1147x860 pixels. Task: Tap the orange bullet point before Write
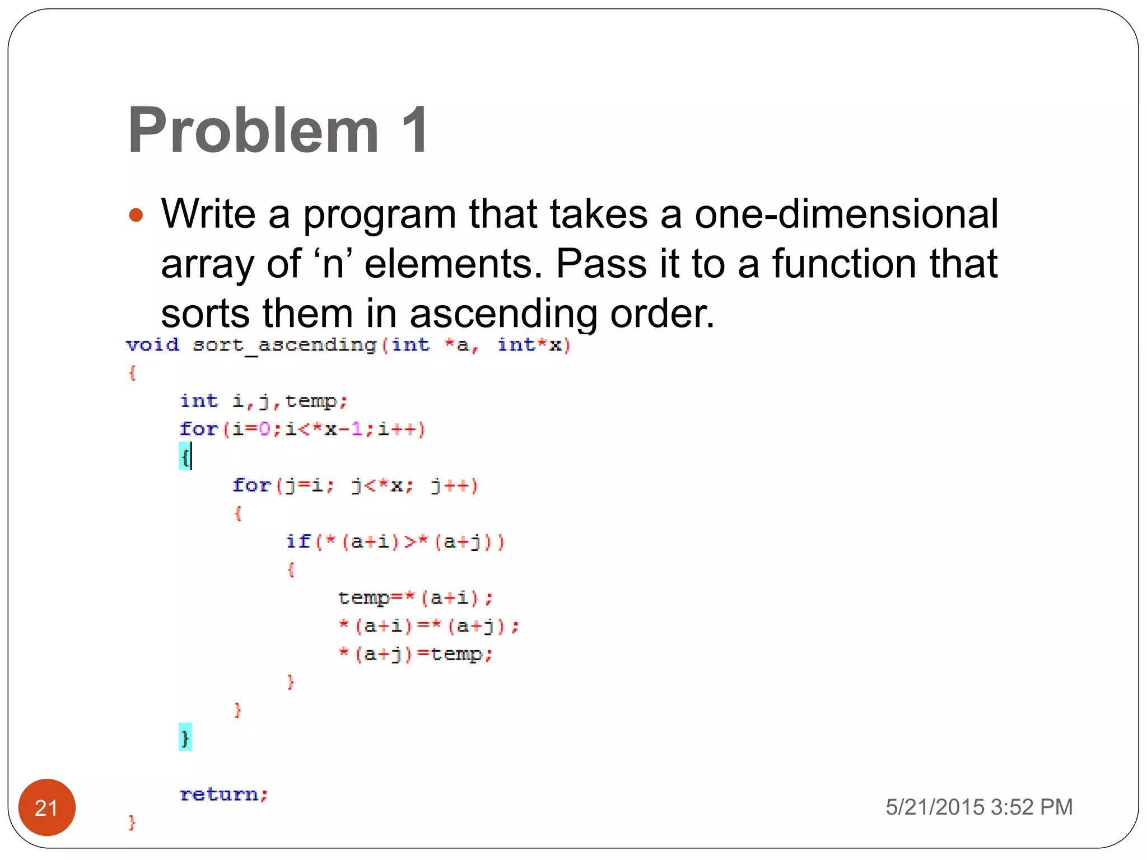tap(136, 215)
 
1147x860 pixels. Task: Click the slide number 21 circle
tap(46, 807)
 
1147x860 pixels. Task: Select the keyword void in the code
tap(152, 345)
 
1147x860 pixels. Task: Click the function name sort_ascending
tap(284, 345)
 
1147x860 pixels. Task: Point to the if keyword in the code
tap(297, 541)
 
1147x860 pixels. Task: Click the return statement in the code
tap(223, 794)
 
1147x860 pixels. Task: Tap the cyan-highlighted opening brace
tap(184, 457)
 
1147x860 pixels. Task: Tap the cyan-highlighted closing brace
tap(185, 737)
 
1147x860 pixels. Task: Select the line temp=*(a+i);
tap(415, 598)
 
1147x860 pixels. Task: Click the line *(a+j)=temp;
tap(415, 654)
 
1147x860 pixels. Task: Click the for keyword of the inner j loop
tap(251, 485)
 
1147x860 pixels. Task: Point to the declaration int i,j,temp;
tap(263, 401)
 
